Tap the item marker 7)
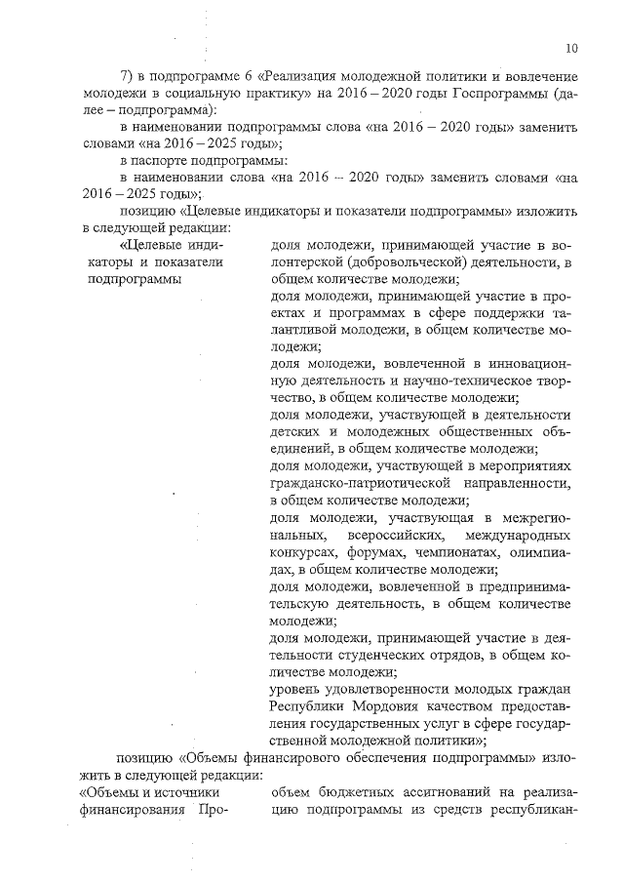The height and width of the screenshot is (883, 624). tap(126, 76)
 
